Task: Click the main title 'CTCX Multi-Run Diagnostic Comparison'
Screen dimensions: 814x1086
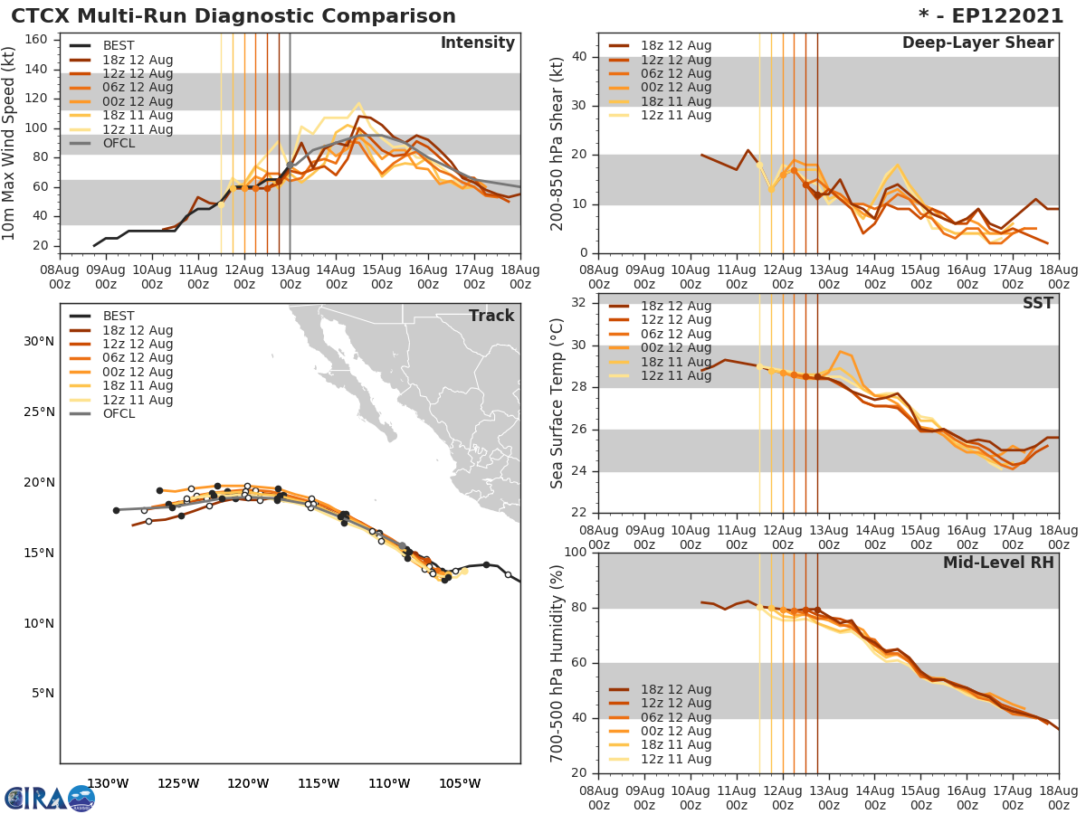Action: click(x=233, y=16)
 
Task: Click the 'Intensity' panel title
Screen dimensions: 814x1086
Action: click(x=477, y=43)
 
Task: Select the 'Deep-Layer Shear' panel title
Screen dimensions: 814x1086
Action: click(x=977, y=43)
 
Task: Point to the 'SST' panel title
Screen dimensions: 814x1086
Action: click(x=1038, y=303)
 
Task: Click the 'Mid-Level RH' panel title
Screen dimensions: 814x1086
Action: click(x=998, y=563)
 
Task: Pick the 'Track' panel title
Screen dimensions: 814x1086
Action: click(x=491, y=316)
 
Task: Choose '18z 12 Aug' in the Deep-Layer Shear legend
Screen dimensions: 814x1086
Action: click(x=674, y=46)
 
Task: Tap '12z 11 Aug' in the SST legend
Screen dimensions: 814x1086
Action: click(x=674, y=375)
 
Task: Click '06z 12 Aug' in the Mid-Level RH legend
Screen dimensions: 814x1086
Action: click(x=674, y=717)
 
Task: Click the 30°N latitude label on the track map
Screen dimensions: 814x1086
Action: click(x=38, y=341)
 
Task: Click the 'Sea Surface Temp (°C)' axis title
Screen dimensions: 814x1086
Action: click(x=557, y=403)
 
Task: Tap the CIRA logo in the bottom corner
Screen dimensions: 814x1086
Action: click(x=50, y=799)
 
